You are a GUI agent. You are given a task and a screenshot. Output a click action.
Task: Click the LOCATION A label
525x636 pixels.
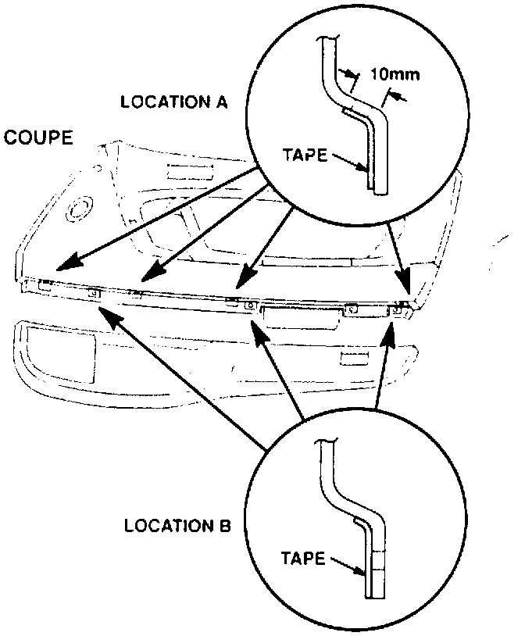[x=173, y=102]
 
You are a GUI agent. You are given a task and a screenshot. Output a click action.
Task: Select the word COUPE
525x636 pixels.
[x=39, y=139]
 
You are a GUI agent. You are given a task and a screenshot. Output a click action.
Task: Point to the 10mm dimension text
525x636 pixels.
[x=395, y=75]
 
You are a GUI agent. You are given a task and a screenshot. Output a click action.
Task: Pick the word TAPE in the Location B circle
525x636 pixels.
[x=303, y=559]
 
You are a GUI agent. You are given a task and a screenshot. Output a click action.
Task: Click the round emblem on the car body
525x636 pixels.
[x=79, y=209]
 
